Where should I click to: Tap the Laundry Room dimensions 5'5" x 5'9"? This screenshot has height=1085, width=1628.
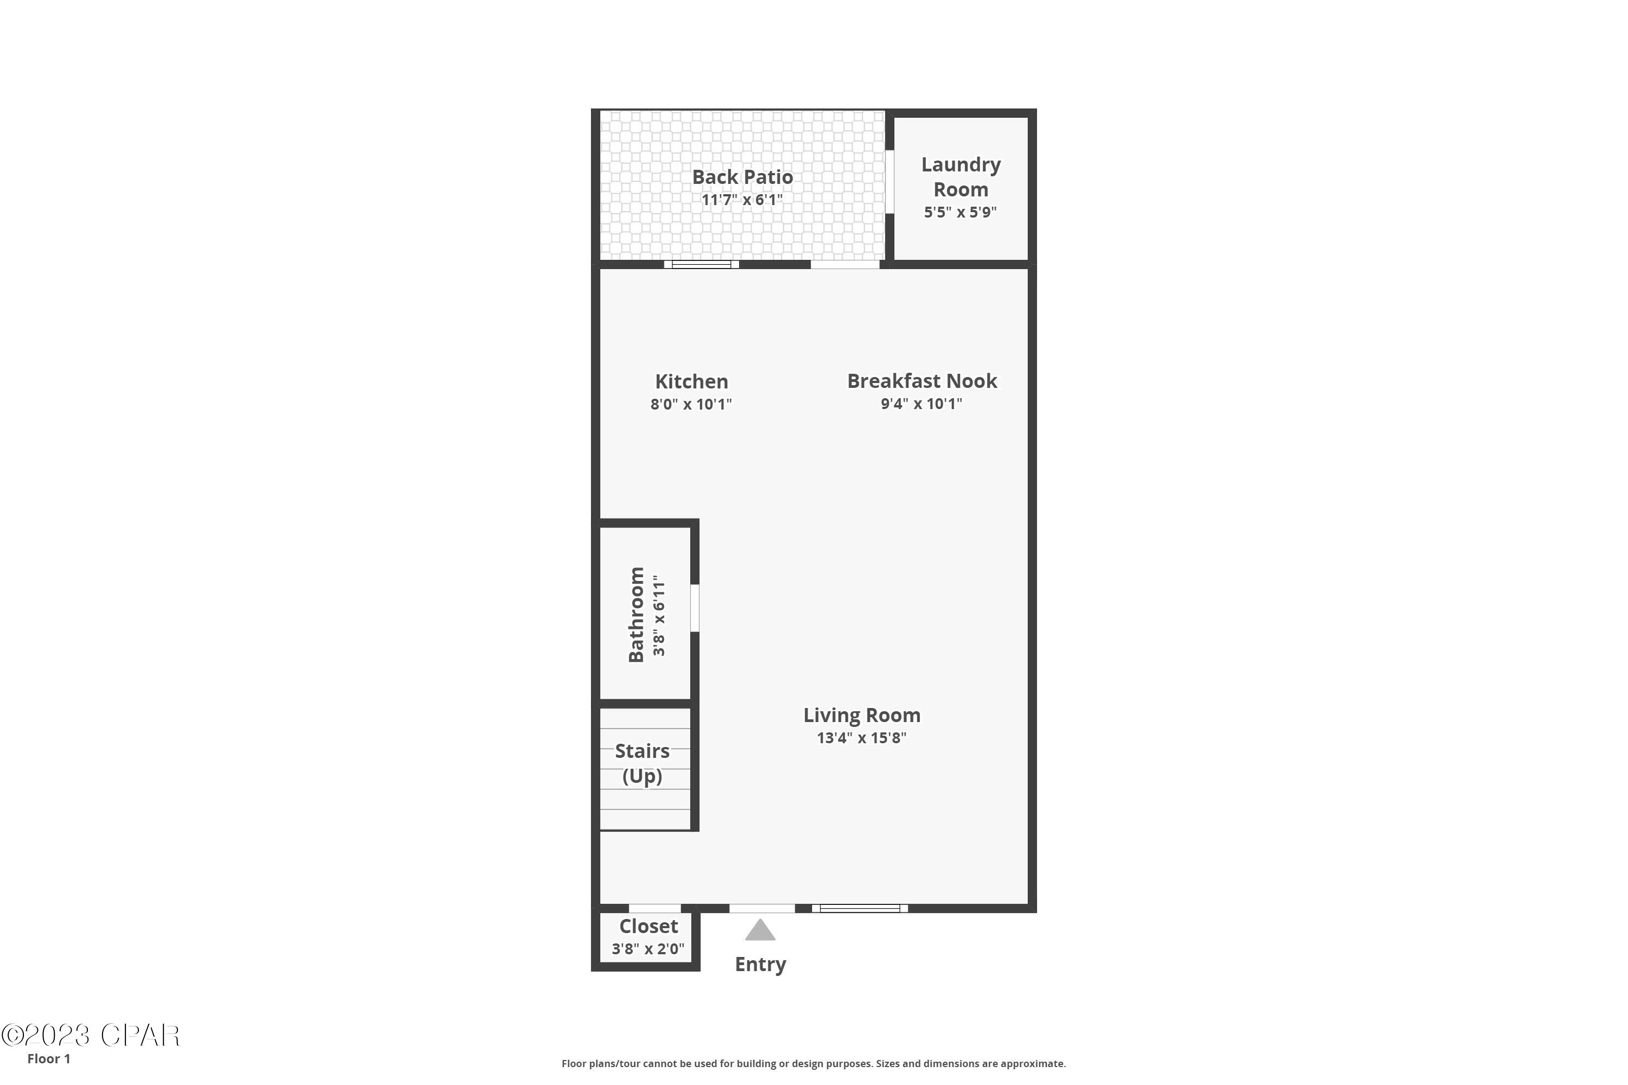tap(960, 212)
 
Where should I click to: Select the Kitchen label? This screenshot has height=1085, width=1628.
tap(691, 381)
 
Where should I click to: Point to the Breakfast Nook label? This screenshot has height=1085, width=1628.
tap(922, 381)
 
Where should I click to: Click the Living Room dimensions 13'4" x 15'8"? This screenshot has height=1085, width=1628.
tap(861, 738)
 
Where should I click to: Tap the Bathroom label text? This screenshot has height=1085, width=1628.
tap(636, 615)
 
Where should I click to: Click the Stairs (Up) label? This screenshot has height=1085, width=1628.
tap(643, 763)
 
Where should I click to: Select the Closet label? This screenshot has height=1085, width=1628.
tap(648, 926)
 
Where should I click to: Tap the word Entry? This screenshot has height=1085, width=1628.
tap(760, 965)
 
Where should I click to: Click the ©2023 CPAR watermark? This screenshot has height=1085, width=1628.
tap(90, 1035)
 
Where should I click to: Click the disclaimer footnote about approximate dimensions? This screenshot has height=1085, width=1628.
tap(813, 1063)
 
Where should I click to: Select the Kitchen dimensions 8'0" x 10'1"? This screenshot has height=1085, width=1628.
tap(691, 404)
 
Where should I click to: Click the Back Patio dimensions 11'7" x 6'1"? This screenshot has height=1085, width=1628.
tap(742, 200)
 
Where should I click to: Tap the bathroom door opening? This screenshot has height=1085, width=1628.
tap(695, 608)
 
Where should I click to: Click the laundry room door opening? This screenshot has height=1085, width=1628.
tap(889, 182)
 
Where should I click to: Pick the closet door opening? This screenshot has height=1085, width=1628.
tap(655, 909)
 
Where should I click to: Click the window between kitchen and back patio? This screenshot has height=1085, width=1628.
tap(701, 264)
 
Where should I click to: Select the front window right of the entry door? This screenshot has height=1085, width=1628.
tap(860, 909)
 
